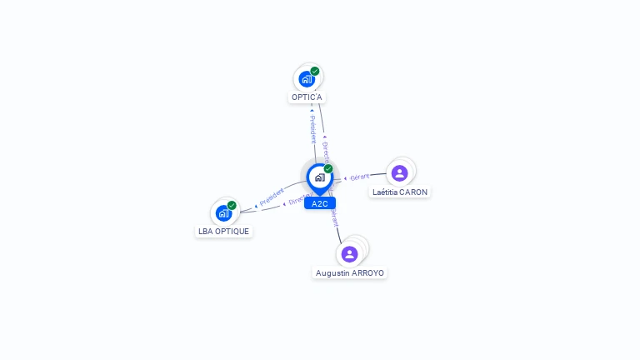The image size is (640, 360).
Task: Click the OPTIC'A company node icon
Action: [307, 79]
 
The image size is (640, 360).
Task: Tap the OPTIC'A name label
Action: [307, 97]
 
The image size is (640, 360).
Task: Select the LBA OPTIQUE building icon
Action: [223, 212]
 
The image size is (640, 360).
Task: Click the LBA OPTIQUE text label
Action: [223, 232]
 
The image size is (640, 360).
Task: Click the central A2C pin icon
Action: [319, 177]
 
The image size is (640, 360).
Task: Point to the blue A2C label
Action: [320, 203]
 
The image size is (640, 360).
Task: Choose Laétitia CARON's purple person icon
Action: [399, 172]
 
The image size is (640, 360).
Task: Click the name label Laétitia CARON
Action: [400, 192]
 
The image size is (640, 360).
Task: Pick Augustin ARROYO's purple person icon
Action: [349, 253]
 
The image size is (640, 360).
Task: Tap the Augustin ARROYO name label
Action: [350, 273]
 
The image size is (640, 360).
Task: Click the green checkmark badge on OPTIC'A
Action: [315, 71]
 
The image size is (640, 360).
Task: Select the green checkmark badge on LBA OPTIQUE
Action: [232, 205]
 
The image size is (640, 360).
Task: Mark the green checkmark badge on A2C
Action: [328, 168]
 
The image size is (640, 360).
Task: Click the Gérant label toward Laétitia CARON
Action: [360, 177]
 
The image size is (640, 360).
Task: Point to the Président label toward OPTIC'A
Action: [312, 129]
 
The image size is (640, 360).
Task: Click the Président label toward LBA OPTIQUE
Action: [272, 197]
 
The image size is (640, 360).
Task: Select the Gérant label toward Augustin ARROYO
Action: [334, 217]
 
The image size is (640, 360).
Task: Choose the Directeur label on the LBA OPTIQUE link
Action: [299, 198]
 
